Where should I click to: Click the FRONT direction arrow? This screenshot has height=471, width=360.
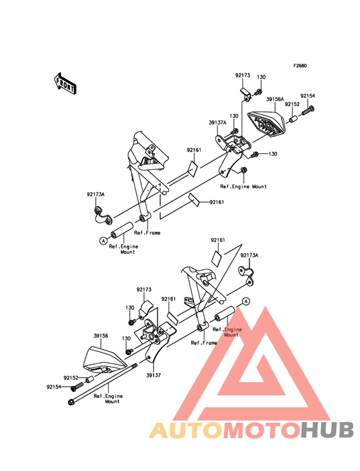[65, 83]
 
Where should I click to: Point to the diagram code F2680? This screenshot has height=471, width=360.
[300, 66]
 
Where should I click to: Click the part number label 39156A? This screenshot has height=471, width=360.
[275, 99]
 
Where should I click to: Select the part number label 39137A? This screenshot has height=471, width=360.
[217, 122]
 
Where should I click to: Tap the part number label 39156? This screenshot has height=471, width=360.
[101, 335]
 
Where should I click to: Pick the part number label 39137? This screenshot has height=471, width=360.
[154, 375]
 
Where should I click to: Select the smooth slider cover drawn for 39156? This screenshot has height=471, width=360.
[104, 360]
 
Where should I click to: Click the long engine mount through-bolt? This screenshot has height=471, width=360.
[103, 384]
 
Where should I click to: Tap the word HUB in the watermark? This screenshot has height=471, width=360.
[327, 430]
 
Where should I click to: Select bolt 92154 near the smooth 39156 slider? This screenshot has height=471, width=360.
[76, 387]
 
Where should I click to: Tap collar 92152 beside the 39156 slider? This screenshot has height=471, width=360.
[90, 380]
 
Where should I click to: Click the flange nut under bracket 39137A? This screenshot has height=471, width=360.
[244, 170]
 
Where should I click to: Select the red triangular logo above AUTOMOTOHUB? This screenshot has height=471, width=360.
[252, 364]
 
